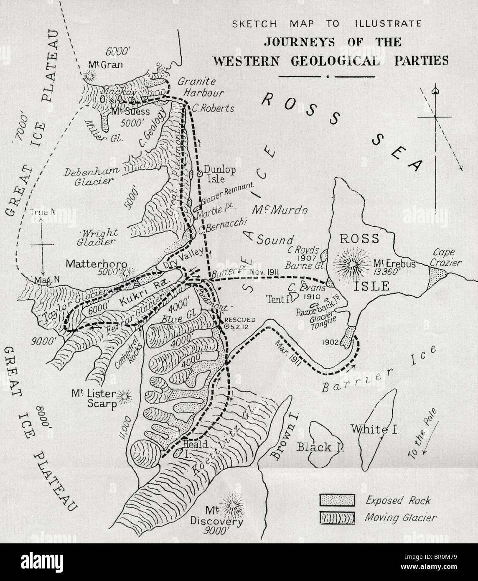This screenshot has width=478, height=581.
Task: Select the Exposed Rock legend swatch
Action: (x=337, y=500)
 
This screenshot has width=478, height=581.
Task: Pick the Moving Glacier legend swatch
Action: (x=337, y=517)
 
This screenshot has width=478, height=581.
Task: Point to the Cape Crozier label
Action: (x=447, y=257)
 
